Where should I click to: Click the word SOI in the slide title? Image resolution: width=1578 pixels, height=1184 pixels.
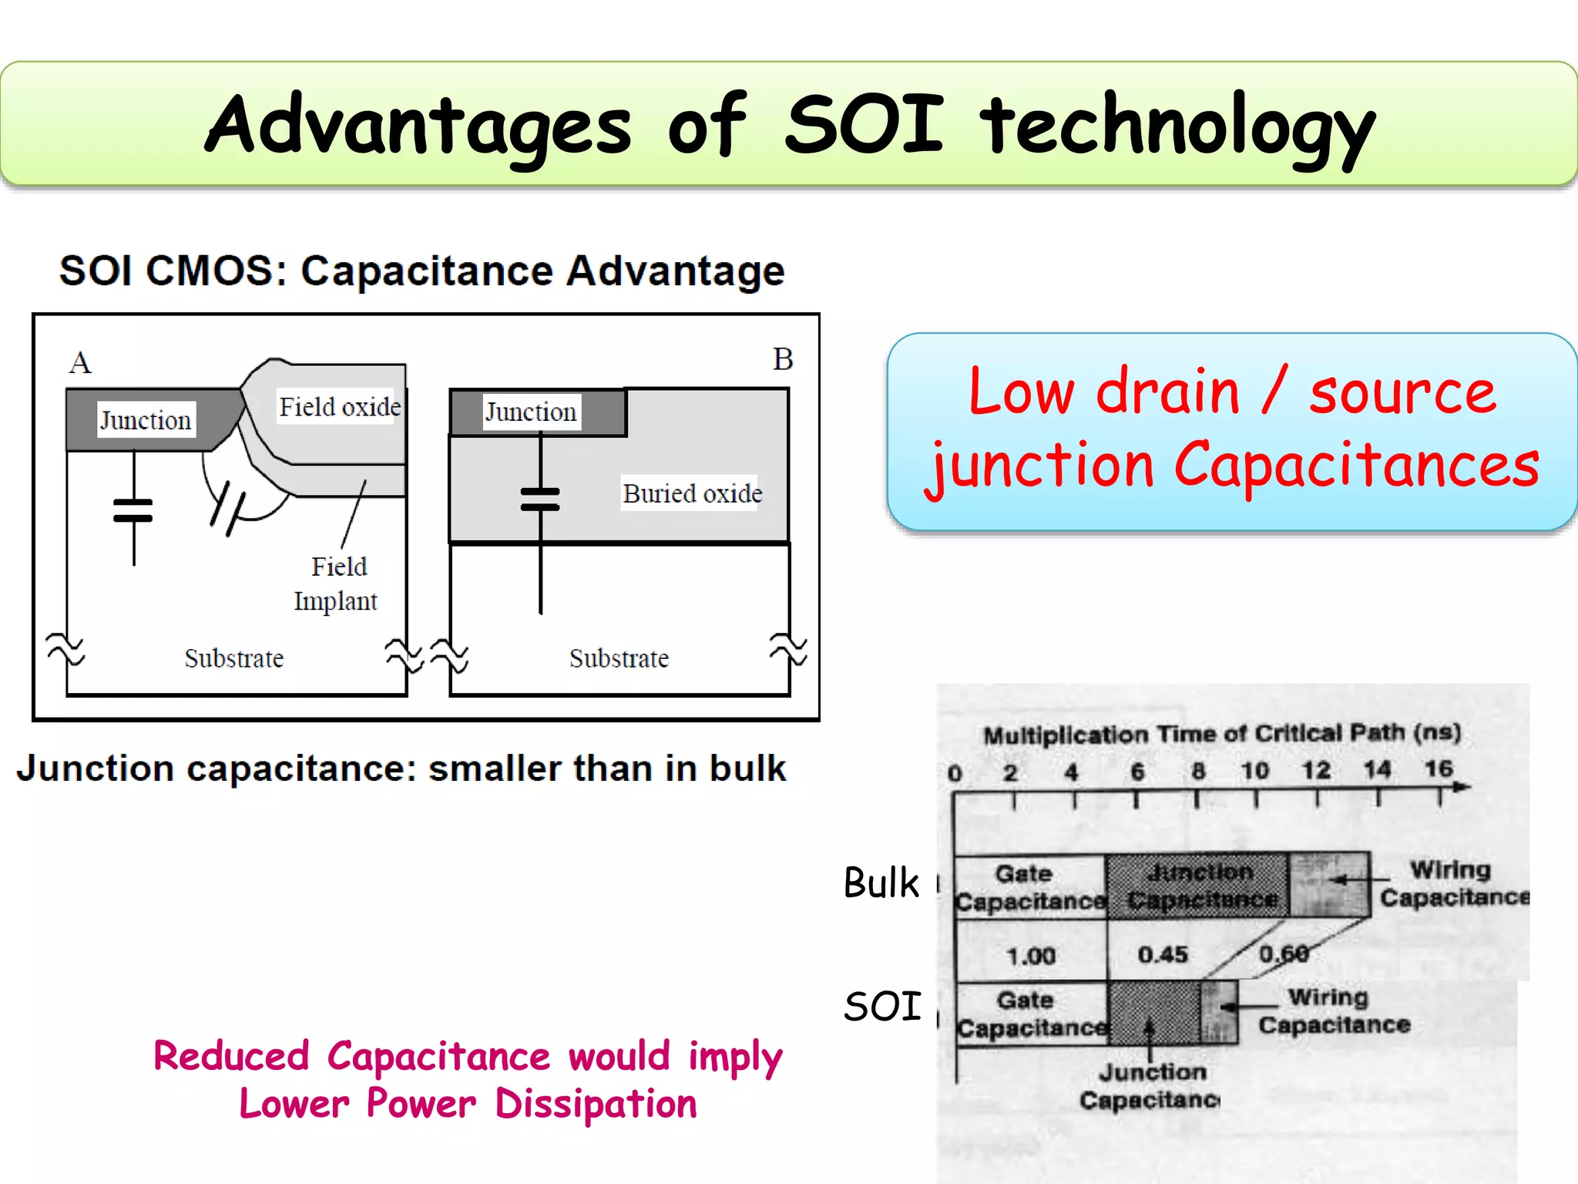[x=864, y=123]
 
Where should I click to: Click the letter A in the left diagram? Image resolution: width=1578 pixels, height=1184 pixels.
[x=80, y=362]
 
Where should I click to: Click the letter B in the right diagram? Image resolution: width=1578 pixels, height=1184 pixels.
[x=783, y=359]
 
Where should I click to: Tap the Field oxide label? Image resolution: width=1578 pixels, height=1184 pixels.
[x=339, y=406]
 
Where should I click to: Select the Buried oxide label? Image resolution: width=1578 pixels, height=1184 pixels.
[x=692, y=493]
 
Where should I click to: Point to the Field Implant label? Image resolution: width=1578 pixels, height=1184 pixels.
[x=337, y=584]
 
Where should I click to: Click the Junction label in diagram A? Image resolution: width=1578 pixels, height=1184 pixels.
[x=146, y=420]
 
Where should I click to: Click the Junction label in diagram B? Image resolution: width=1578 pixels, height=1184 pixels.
[x=531, y=412]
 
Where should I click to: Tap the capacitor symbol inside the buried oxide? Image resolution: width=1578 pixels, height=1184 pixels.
[x=540, y=499]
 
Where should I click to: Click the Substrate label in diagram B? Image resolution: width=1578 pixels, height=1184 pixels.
[x=619, y=658]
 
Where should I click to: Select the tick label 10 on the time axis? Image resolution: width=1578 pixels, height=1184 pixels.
[x=1254, y=770]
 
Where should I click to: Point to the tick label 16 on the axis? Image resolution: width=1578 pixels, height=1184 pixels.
[x=1438, y=769]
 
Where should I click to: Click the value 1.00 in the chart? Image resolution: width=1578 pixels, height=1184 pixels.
[x=1031, y=956]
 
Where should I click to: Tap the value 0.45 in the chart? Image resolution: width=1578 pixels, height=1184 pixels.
[x=1163, y=954]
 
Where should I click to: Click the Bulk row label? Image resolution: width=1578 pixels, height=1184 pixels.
[x=881, y=883]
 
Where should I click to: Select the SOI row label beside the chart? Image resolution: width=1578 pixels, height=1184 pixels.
[x=882, y=1007]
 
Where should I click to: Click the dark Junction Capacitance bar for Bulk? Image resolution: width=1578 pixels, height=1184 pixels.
[x=1198, y=886]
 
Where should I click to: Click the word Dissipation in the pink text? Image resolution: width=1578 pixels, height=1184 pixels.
[x=596, y=1104]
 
